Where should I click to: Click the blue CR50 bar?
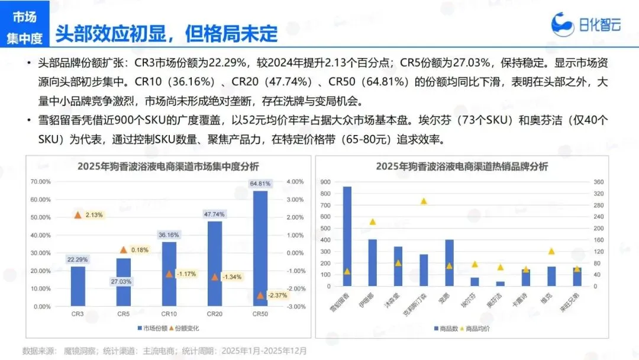(260, 249)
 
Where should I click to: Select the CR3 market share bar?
(78, 287)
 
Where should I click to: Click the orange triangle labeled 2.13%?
(78, 214)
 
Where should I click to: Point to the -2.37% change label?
(277, 295)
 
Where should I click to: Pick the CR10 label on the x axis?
(169, 313)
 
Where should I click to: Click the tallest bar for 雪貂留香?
(347, 236)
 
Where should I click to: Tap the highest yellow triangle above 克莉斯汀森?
(424, 201)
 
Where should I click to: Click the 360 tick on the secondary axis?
(598, 182)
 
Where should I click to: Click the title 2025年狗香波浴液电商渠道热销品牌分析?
(461, 166)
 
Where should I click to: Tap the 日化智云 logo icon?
(563, 24)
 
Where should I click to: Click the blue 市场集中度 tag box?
(24, 28)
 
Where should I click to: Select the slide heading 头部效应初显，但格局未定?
(166, 34)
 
